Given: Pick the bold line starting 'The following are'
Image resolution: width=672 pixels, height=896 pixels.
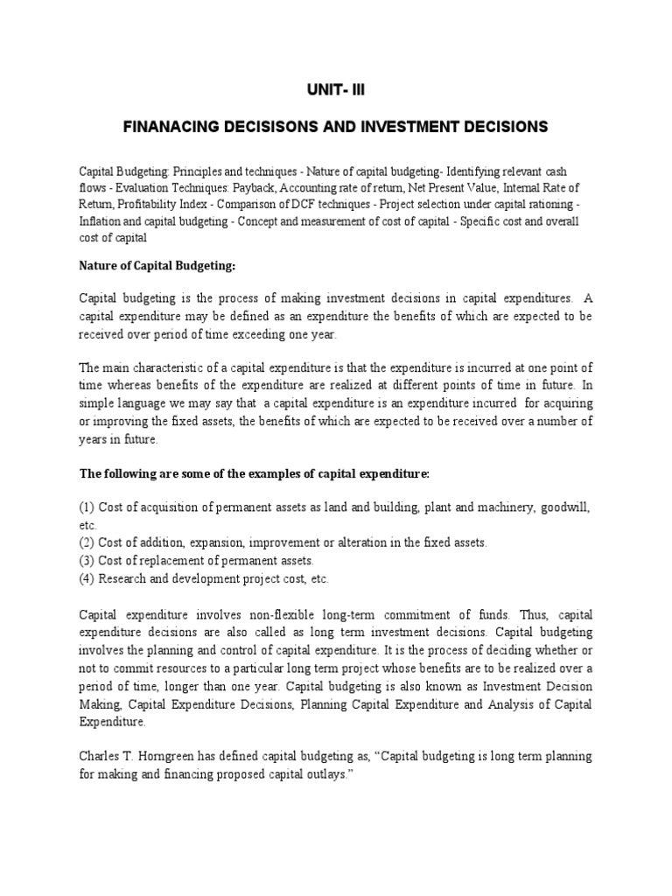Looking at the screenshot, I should pyautogui.click(x=254, y=473).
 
